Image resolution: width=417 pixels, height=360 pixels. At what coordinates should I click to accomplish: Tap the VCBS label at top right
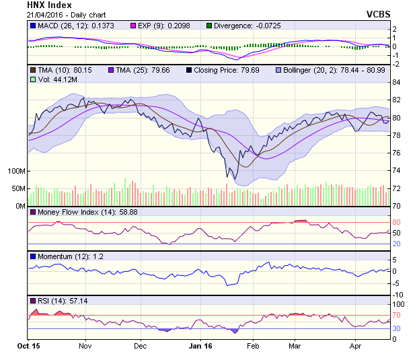point(378,13)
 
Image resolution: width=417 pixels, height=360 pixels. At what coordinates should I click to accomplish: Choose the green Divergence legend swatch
point(209,26)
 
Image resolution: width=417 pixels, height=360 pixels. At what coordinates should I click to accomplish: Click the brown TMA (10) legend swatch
point(33,70)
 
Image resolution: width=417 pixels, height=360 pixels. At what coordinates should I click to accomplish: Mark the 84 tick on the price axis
point(396,82)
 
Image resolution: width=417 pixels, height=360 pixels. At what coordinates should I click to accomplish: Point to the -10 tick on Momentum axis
point(397,294)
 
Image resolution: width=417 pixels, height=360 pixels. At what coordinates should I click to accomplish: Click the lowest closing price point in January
point(227,178)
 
